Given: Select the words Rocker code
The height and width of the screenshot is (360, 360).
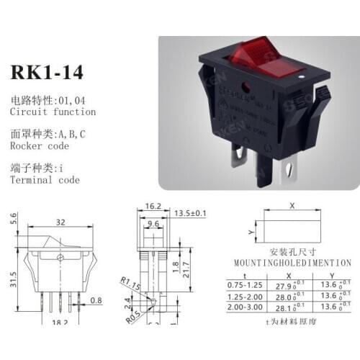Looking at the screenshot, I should pos(41,145).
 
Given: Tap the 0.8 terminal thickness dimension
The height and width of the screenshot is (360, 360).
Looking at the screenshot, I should pos(97,300).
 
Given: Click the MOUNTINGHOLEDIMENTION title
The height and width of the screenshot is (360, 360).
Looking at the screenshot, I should pos(292,264).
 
